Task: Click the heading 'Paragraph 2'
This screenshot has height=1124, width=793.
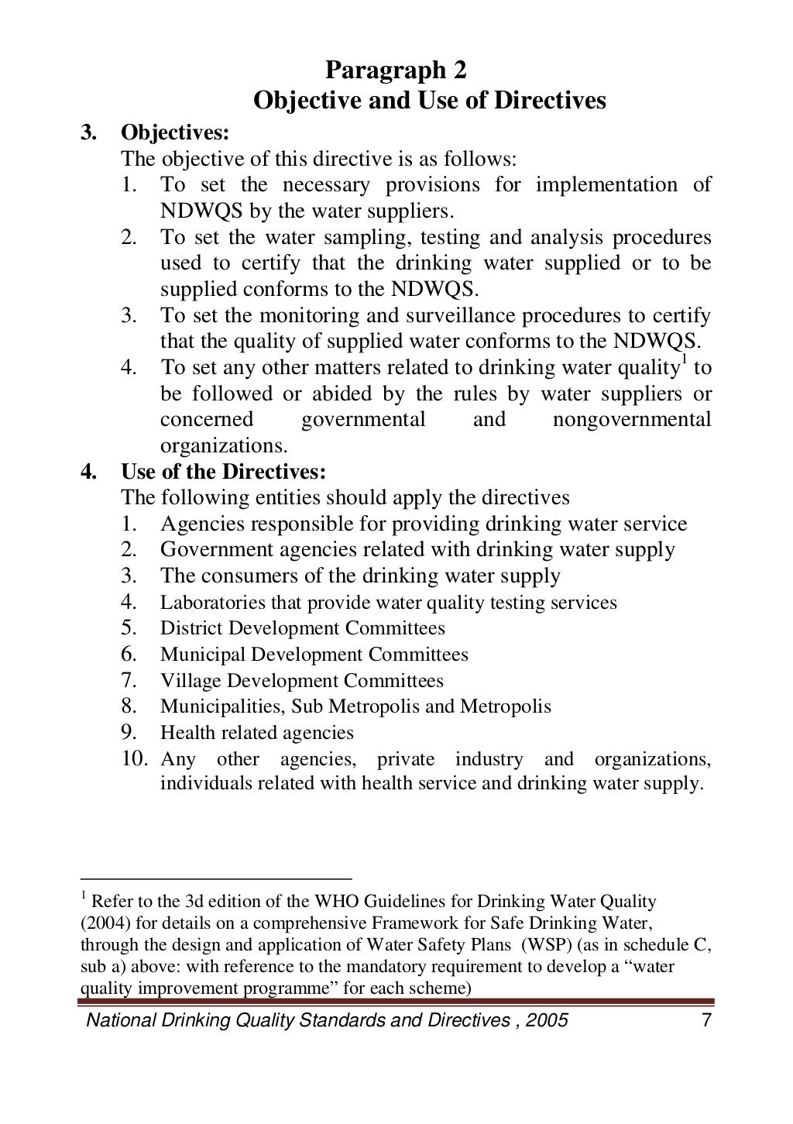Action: tap(396, 72)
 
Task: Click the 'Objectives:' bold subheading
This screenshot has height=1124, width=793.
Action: tap(175, 132)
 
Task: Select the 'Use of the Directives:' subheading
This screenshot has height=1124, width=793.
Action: tap(223, 471)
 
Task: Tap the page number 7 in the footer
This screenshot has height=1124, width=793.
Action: tap(705, 1019)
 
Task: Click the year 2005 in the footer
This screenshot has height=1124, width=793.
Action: tap(547, 1019)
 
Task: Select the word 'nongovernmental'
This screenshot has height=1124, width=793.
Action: tap(632, 420)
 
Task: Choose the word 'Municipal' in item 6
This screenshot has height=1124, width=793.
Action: tap(200, 654)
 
